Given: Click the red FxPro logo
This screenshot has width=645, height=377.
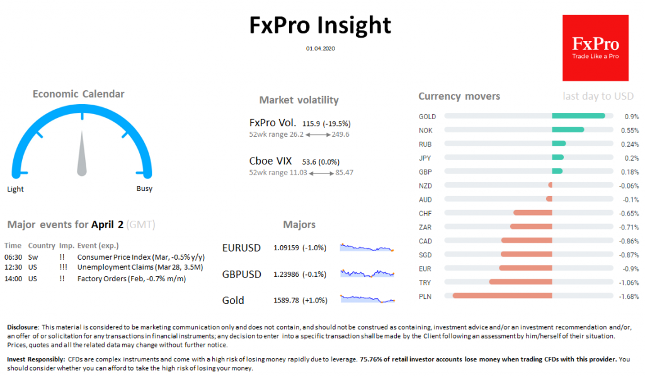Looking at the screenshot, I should [x=595, y=48].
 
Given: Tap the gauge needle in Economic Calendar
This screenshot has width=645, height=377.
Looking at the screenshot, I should [x=82, y=155].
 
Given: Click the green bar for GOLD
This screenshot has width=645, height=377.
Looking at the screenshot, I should [x=578, y=116].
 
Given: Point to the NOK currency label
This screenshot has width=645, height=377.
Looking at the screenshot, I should [x=425, y=130].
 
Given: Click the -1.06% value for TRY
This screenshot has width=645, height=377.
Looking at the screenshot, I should [x=630, y=282].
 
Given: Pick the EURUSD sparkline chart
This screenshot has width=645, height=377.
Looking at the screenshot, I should [x=367, y=248].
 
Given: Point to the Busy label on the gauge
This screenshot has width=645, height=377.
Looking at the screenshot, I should [x=144, y=188].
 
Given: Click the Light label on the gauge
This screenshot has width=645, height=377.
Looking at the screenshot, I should [x=16, y=188].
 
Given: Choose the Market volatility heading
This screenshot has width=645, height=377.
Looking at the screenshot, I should [x=299, y=100].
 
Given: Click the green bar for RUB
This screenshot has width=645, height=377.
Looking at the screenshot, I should [x=559, y=144].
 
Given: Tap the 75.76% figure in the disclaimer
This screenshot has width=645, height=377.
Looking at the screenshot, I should [x=376, y=359].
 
